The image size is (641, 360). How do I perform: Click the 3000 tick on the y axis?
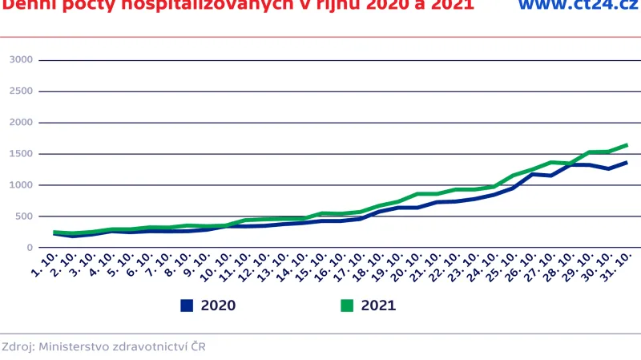pos(21,60)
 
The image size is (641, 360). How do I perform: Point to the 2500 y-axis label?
pos(21,91)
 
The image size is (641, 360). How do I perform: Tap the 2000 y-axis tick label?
pos(21,123)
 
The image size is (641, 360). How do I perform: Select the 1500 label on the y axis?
pos(21,154)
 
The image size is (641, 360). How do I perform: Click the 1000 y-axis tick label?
pos(21,185)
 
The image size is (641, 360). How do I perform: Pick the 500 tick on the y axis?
pos(24,216)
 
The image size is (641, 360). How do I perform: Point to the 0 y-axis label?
pos(29,248)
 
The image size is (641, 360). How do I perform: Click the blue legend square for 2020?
pos(187,305)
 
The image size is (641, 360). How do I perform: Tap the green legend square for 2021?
pos(347,305)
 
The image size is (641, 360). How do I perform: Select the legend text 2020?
pos(218,305)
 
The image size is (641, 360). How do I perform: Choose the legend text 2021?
pos(378,305)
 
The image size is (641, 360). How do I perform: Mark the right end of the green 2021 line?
pos(627,145)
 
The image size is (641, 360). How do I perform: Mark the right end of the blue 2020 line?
pos(627,162)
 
